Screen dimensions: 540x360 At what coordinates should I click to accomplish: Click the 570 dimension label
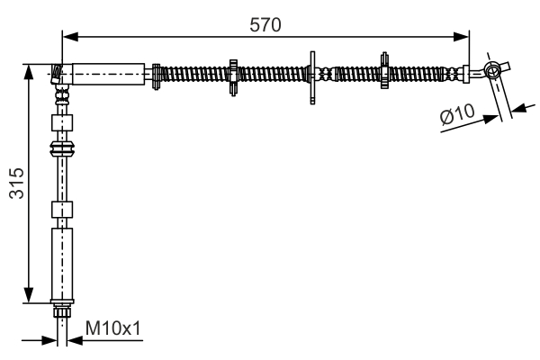pos(265,25)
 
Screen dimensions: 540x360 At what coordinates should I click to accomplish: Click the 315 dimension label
pos(16,184)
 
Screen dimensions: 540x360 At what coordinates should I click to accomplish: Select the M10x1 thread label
pos(113,328)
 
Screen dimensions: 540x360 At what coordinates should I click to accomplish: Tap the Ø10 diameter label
pos(457,113)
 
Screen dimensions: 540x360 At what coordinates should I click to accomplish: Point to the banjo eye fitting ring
pos(492,70)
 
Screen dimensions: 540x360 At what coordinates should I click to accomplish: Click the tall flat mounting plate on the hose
pos(312,77)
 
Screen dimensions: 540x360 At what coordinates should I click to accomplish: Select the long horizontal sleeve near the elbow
pos(108,74)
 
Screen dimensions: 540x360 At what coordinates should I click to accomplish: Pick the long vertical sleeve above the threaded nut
pos(62,264)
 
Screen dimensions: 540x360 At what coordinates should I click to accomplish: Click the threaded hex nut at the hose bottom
pos(62,311)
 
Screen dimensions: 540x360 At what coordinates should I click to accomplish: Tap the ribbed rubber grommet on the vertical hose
pos(62,148)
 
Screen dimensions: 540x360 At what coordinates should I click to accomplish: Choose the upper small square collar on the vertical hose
pos(62,122)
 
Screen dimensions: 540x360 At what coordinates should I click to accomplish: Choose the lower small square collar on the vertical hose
pos(62,210)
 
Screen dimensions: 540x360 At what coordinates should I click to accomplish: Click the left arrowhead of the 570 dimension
pos(70,36)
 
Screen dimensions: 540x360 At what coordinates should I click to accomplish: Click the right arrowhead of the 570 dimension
pos(461,36)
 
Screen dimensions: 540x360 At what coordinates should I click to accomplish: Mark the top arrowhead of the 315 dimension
pos(29,72)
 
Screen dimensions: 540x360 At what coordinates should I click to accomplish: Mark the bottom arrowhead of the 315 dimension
pos(29,295)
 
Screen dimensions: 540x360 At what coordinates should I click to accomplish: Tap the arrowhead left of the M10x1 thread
pos(49,341)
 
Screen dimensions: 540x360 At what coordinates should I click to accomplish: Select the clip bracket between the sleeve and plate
pos(233,77)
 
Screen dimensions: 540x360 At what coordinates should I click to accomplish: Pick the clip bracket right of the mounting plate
pos(384,70)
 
